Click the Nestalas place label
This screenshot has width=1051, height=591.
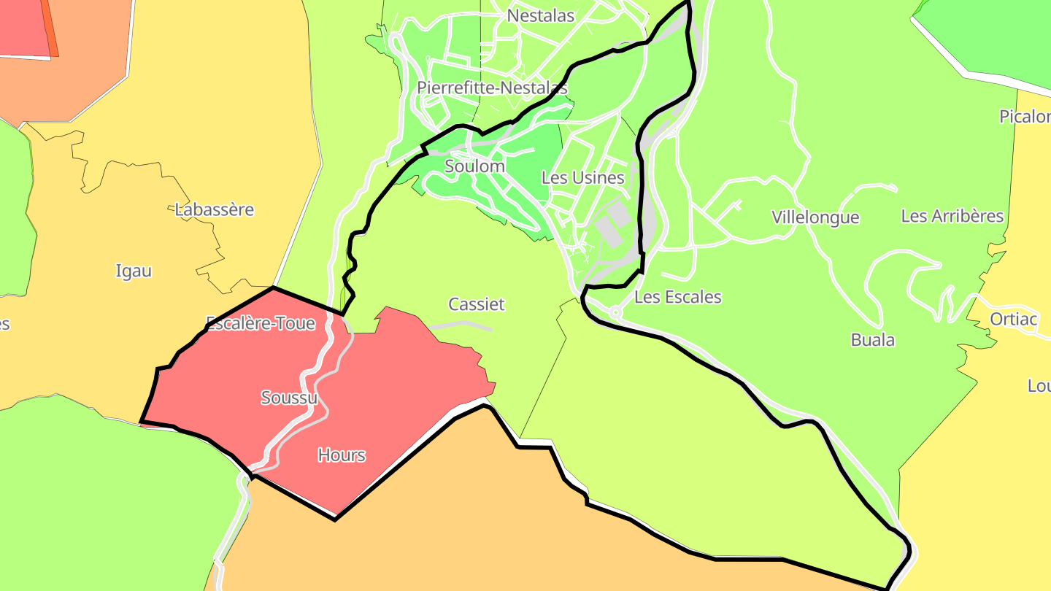coord(540,15)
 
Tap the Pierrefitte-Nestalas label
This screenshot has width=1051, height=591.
coord(492,88)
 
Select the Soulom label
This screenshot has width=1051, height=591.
coord(474,166)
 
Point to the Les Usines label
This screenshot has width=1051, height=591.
coord(582,177)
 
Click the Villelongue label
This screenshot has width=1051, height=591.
coord(815,217)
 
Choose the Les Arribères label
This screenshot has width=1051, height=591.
coord(952,216)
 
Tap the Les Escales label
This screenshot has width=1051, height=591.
coord(677,297)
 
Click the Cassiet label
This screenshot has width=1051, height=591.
coord(476,304)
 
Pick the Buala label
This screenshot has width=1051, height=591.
coord(872,340)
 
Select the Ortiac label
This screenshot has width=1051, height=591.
coord(1014,319)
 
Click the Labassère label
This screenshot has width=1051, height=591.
coord(215,210)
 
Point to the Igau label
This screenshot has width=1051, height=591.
coord(134,271)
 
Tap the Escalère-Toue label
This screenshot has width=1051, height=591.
coord(261,323)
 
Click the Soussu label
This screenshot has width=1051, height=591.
coord(289,398)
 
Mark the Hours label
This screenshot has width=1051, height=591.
coord(342,455)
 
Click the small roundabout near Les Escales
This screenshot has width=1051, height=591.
coord(615,312)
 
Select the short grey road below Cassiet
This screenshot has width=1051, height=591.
coord(461,325)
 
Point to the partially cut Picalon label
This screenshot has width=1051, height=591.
coord(1025,117)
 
